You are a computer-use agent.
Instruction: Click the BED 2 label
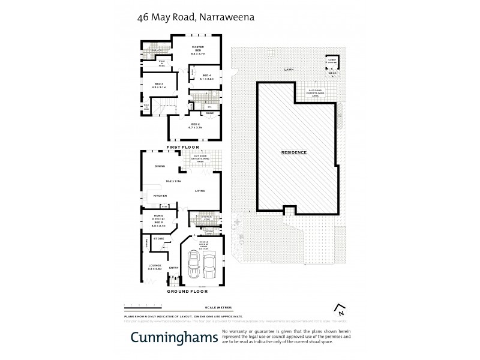pos(198,125)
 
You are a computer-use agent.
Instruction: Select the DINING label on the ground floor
pos(160,166)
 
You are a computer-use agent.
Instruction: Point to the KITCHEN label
pos(160,196)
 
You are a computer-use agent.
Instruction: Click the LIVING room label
pos(200,191)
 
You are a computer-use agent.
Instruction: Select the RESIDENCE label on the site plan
pos(294,152)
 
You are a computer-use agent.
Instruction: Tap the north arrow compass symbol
pos(340,310)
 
